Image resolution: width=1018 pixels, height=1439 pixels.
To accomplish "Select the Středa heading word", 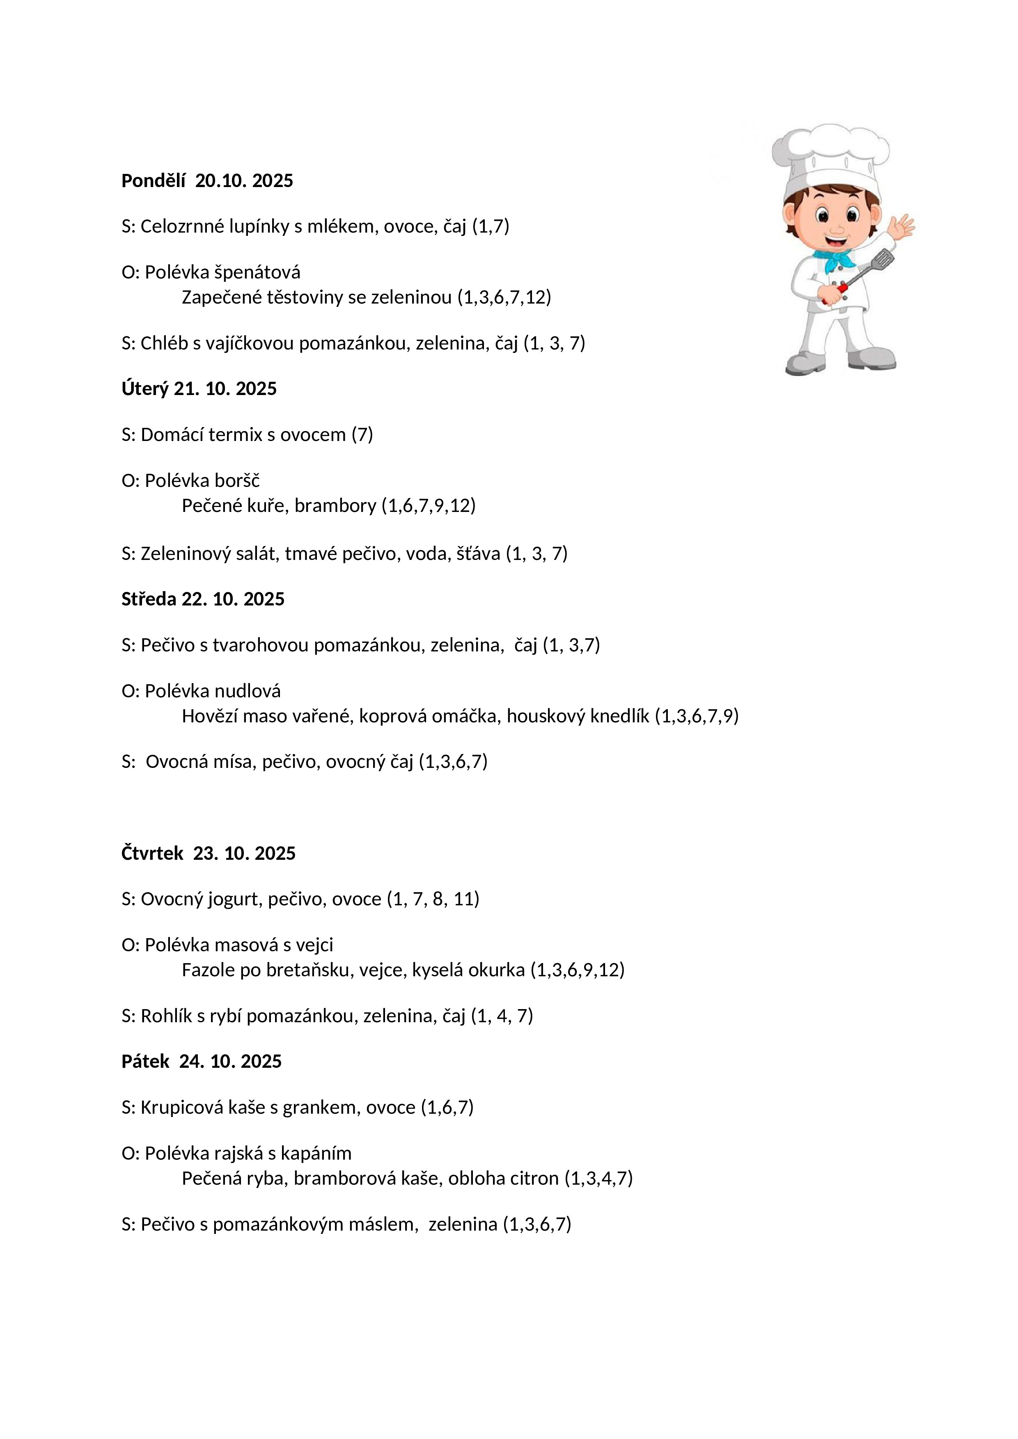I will (x=149, y=599).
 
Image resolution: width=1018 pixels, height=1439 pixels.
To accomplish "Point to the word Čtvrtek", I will (x=152, y=854).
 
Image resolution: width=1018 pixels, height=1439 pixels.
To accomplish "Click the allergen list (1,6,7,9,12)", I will (x=429, y=506).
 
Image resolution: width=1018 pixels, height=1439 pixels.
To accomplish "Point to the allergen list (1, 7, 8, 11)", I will (x=433, y=899).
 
